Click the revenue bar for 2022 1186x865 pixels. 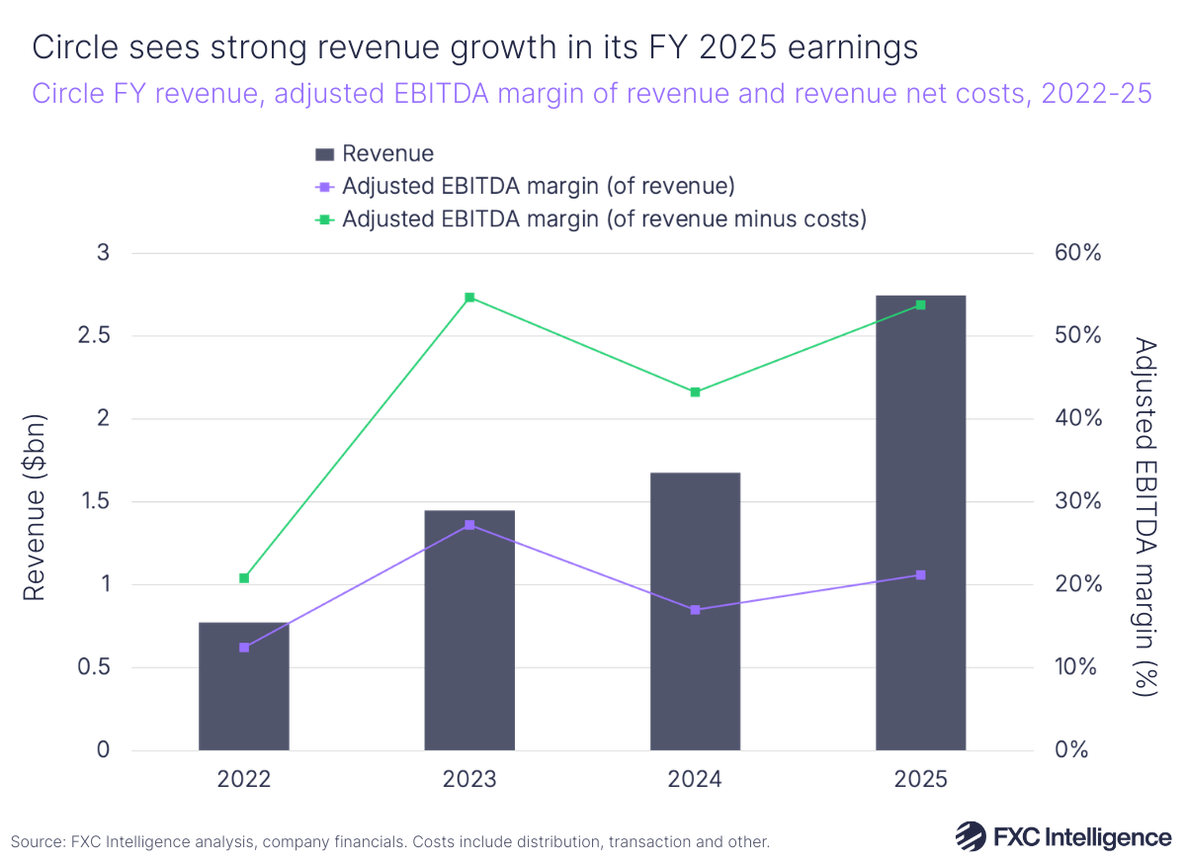(244, 686)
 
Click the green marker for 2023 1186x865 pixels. (469, 298)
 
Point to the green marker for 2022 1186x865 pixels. (244, 578)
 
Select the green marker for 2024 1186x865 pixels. (695, 392)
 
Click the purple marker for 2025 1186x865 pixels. (920, 575)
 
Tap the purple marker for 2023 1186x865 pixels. (469, 525)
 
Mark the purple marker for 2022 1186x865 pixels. (244, 648)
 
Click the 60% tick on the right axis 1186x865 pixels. (1075, 253)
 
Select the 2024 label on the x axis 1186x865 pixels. (695, 780)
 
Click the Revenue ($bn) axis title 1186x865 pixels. (36, 501)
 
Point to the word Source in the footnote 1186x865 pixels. (38, 842)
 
